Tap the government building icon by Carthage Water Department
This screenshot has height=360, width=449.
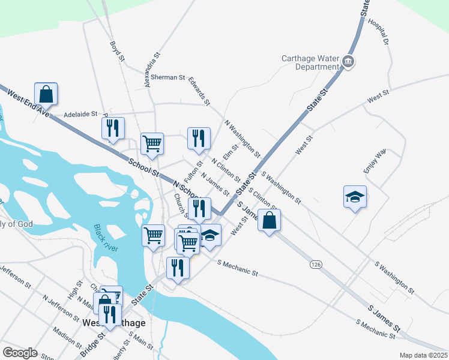coord(348,61)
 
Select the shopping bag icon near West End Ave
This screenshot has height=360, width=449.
coord(46,94)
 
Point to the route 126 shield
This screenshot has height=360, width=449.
coord(315,264)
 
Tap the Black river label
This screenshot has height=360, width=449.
coord(106,237)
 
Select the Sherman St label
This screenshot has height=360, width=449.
coord(168,77)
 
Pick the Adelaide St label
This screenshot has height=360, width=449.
coord(80,113)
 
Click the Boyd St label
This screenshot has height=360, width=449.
coord(117,52)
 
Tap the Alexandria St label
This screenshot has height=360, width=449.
coord(152,70)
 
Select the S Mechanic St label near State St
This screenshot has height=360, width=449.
coord(238,268)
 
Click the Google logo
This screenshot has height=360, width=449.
coord(20,353)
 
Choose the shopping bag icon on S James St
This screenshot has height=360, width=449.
coord(270,220)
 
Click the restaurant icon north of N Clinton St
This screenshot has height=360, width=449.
coord(199,139)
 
